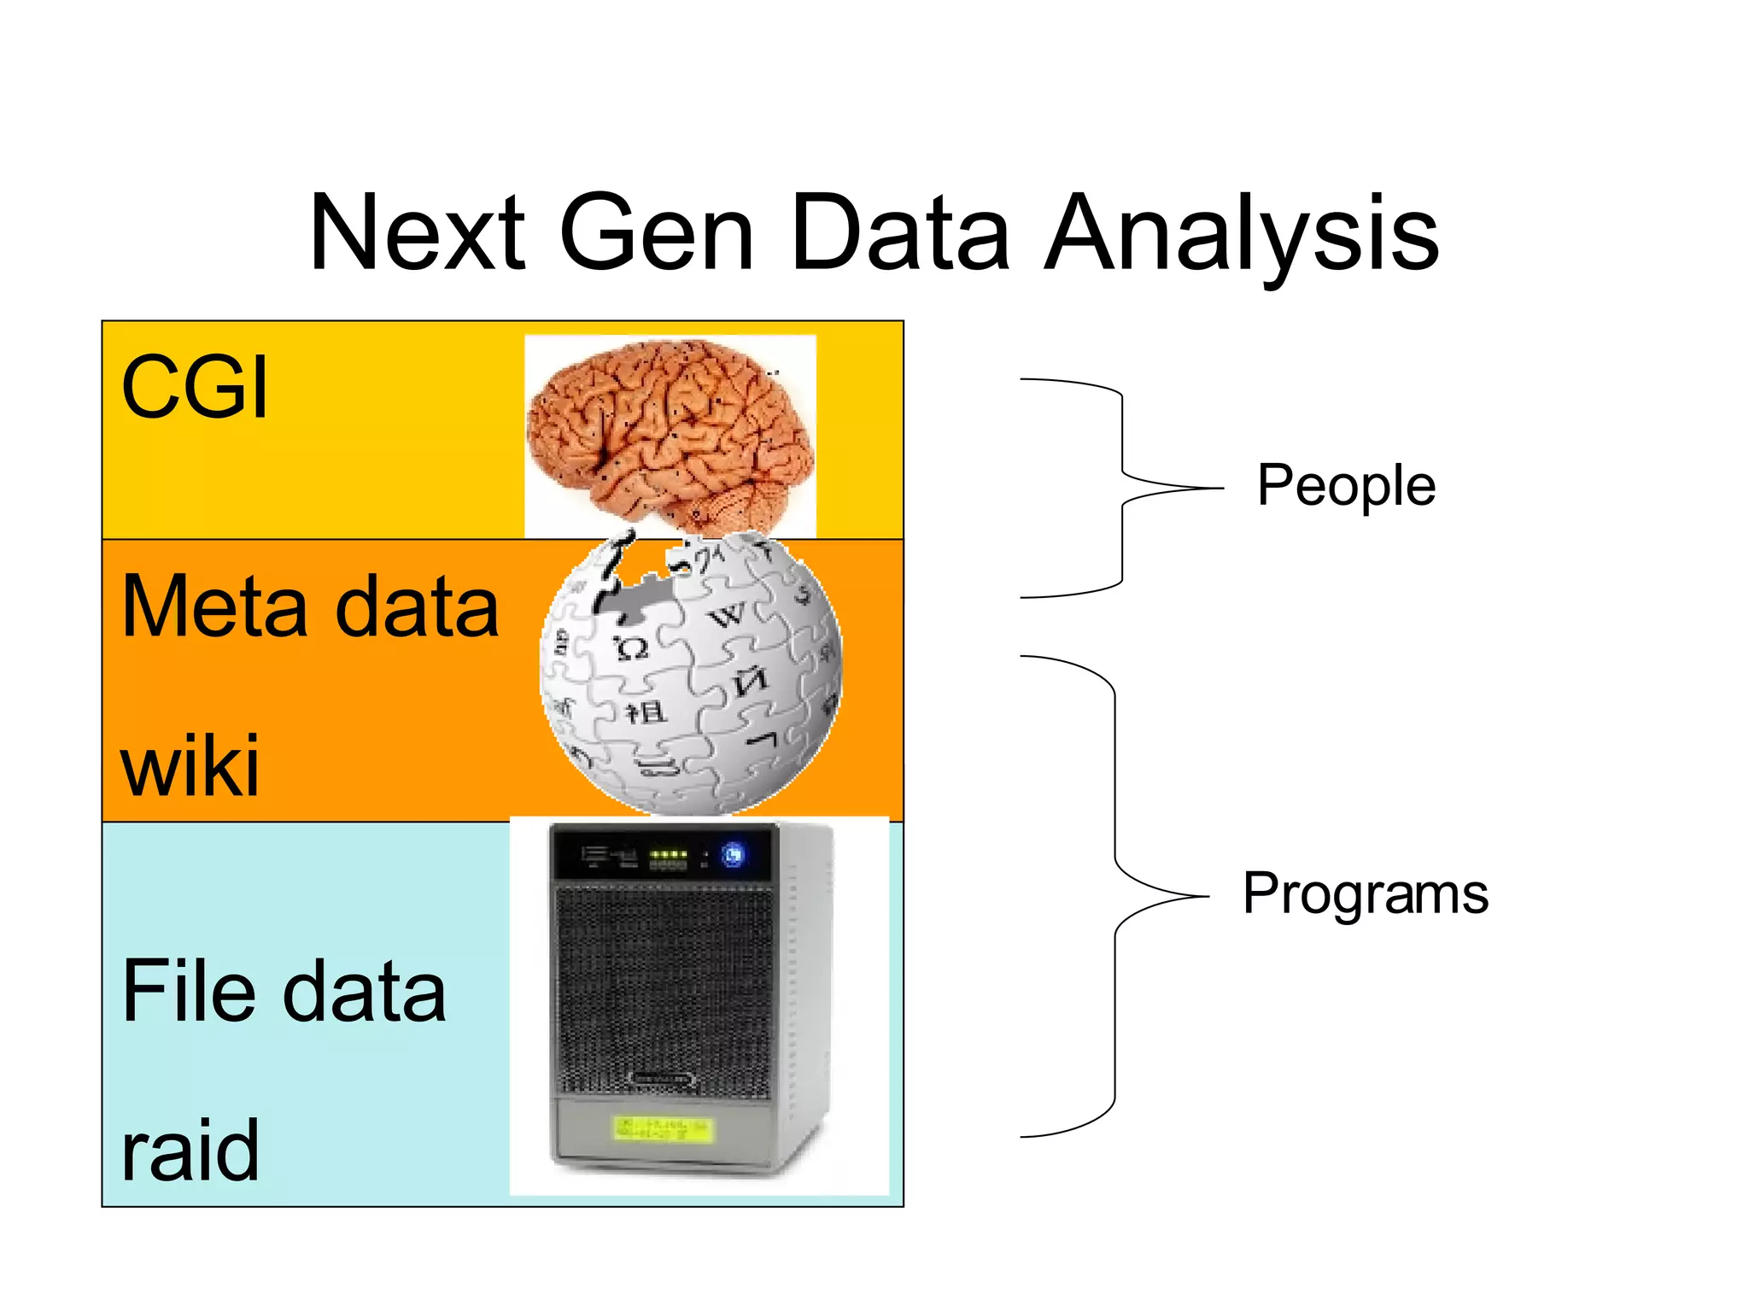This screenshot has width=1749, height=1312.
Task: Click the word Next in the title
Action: pyautogui.click(x=418, y=233)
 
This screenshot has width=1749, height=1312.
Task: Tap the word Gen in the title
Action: pyautogui.click(x=657, y=233)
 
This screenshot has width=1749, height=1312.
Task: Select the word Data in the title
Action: pyautogui.click(x=901, y=233)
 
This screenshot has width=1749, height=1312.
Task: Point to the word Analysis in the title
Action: pyautogui.click(x=1242, y=235)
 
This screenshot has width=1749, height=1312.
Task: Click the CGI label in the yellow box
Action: pyautogui.click(x=195, y=388)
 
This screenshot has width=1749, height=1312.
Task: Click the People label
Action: pyautogui.click(x=1346, y=485)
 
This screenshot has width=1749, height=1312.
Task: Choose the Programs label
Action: pyautogui.click(x=1365, y=893)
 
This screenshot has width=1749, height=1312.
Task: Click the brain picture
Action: pyautogui.click(x=670, y=434)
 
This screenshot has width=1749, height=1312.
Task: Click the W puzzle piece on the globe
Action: pyautogui.click(x=728, y=615)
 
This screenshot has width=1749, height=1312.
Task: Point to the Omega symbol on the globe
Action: pyautogui.click(x=632, y=649)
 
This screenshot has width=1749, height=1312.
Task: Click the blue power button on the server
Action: pyautogui.click(x=733, y=854)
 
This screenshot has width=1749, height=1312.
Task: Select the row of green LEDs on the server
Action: pyautogui.click(x=668, y=853)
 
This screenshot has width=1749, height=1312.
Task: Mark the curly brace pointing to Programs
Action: pyautogui.click(x=1115, y=897)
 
